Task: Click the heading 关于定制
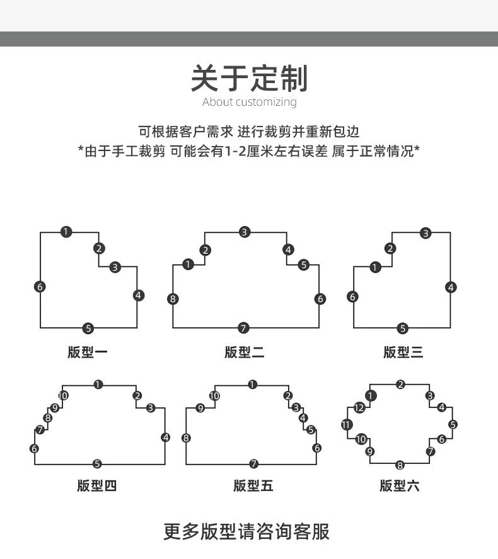tap(249, 79)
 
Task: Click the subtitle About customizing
tap(249, 102)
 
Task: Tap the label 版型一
tap(88, 353)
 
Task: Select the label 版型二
tap(245, 353)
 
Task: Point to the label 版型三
tap(403, 353)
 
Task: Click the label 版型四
tap(96, 485)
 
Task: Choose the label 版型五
tap(253, 485)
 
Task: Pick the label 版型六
tap(400, 485)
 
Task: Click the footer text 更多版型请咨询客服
tap(246, 531)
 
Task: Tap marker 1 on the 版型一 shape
tap(66, 232)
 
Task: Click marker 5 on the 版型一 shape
tap(88, 329)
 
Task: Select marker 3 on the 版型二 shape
tap(245, 232)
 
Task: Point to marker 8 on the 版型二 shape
tap(173, 299)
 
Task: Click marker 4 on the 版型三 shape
tap(451, 287)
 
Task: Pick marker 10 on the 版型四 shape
tap(63, 396)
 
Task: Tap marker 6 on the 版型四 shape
tap(34, 448)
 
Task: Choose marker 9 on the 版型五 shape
tap(200, 408)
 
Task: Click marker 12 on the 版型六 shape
tap(359, 408)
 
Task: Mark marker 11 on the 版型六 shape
tap(347, 424)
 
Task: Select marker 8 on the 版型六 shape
tap(400, 465)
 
